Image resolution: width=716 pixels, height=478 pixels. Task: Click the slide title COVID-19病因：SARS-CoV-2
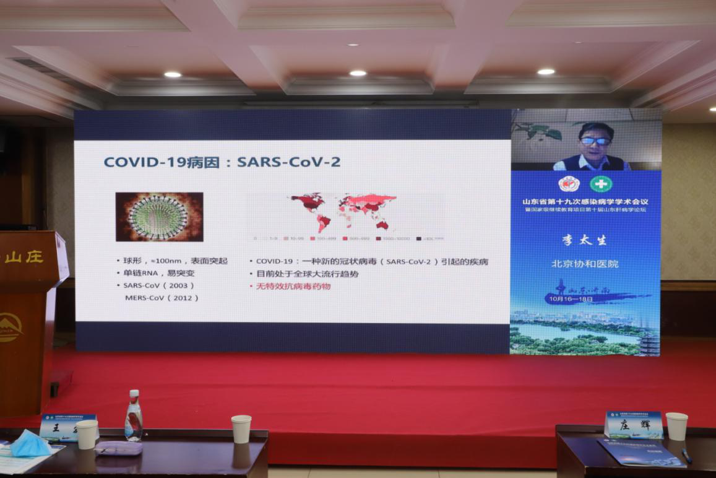(222, 162)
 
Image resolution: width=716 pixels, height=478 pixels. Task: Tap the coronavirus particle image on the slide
(159, 216)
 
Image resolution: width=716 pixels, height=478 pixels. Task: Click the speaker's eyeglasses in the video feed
(595, 141)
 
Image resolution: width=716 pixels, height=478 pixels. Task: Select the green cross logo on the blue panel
(598, 184)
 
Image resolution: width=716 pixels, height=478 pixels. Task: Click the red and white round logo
(569, 184)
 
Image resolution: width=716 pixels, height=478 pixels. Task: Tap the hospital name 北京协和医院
(585, 264)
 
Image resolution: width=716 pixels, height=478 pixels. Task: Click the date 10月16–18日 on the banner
(569, 298)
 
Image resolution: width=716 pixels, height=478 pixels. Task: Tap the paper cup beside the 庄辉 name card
(676, 426)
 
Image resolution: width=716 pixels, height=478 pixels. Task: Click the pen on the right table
(686, 455)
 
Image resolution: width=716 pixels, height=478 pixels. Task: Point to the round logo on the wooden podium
(9, 326)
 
